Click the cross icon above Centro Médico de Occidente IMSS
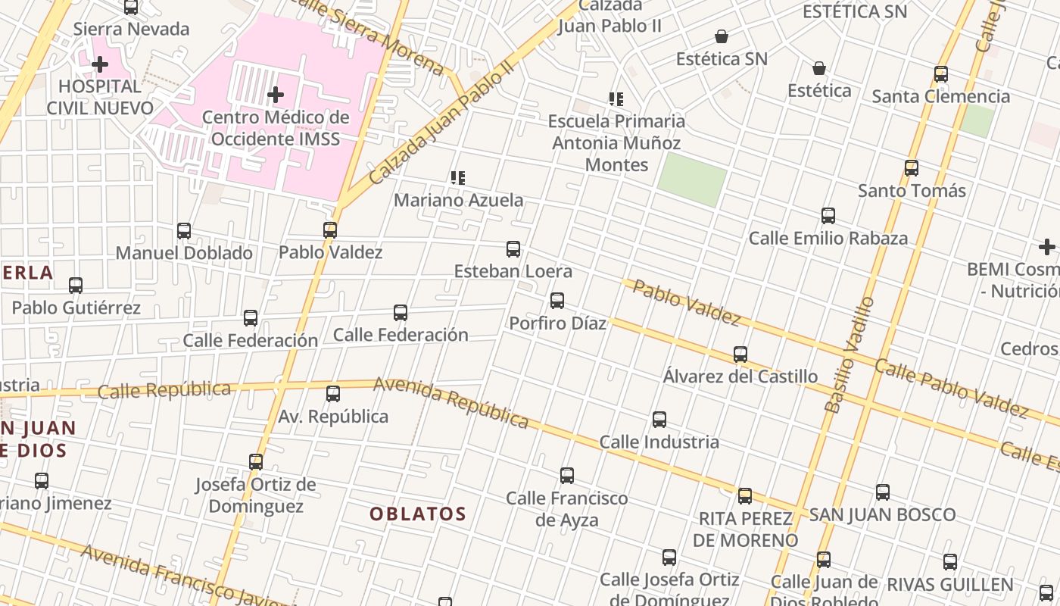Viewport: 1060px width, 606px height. [x=276, y=95]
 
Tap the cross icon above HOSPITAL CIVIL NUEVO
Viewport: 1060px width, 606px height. [x=99, y=64]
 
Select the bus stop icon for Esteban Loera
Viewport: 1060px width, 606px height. [x=513, y=248]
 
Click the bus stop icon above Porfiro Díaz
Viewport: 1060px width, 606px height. [x=557, y=301]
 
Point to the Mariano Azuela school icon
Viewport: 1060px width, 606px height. [x=457, y=178]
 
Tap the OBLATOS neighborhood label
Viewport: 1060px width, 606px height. [x=418, y=514]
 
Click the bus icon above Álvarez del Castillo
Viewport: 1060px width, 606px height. [x=740, y=354]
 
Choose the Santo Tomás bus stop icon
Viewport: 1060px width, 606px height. [x=912, y=168]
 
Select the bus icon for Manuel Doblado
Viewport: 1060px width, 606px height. [x=184, y=230]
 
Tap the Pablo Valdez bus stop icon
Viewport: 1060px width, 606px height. [x=330, y=230]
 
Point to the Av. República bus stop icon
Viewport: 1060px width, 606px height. [x=333, y=394]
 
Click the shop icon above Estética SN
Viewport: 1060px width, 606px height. [x=722, y=36]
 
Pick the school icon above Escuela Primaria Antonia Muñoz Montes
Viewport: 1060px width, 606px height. [x=616, y=98]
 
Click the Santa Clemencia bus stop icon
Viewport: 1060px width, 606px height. [x=941, y=74]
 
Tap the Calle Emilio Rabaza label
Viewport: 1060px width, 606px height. [x=828, y=238]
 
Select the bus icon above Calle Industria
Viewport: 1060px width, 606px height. [x=659, y=420]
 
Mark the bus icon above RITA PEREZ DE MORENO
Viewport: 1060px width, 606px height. [x=745, y=496]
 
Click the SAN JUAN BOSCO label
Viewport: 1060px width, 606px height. [x=882, y=515]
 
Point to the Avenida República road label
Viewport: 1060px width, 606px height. [x=451, y=402]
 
